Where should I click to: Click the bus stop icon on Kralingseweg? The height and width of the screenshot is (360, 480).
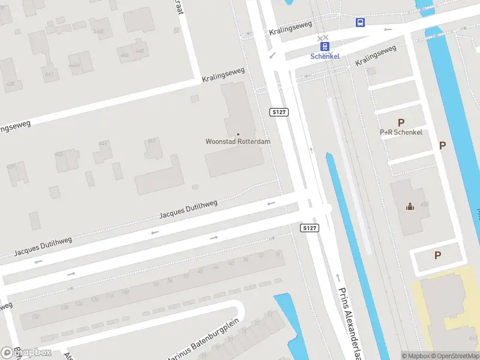[360, 23]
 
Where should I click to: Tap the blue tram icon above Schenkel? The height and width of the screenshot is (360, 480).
[325, 46]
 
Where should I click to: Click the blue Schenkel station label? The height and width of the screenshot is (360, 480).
[325, 56]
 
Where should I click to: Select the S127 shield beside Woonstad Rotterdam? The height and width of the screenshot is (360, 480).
[279, 112]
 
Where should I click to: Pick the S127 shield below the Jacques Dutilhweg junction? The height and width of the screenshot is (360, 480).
[309, 228]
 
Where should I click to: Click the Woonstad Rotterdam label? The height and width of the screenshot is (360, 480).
[238, 142]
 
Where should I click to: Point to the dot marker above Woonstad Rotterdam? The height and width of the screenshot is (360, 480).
[238, 134]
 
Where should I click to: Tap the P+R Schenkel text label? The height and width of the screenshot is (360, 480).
[401, 132]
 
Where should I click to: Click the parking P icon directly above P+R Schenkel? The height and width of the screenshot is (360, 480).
[401, 122]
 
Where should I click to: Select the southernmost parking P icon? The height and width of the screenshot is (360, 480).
[437, 255]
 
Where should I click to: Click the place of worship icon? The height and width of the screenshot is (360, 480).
[410, 207]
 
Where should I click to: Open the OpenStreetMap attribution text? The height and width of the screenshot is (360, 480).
[457, 356]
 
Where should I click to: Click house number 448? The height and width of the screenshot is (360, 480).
[140, 51]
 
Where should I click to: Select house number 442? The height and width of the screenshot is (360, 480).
[49, 74]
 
